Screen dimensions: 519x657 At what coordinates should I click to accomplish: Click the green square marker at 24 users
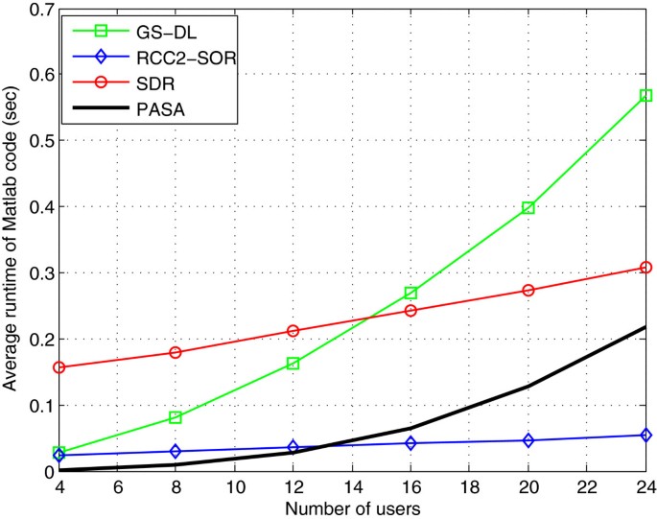point(645,96)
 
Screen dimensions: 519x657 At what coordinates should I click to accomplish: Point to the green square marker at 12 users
point(293,364)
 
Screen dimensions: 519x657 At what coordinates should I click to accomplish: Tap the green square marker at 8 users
point(176,417)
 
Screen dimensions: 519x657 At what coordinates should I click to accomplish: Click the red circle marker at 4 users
point(59,367)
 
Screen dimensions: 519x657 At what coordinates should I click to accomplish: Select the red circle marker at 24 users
point(645,268)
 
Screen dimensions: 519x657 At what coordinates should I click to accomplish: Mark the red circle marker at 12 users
point(293,331)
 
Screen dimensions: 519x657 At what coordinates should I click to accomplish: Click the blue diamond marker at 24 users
point(645,435)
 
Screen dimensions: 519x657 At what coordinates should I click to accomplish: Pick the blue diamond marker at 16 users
point(411,443)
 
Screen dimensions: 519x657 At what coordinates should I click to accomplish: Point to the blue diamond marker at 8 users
point(176,451)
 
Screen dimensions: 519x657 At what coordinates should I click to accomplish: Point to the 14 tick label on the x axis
point(351,486)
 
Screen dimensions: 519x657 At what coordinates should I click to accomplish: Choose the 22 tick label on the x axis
point(586,486)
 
